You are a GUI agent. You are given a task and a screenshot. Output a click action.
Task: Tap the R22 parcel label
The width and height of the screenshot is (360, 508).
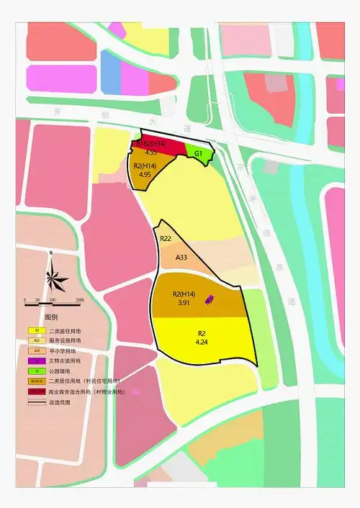(165, 239)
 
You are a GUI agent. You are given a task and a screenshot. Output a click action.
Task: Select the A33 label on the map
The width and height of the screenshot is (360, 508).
(181, 258)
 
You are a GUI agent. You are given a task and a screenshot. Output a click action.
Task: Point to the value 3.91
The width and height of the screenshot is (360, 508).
(183, 304)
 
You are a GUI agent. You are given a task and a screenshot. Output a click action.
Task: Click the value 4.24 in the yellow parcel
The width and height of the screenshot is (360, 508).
(201, 343)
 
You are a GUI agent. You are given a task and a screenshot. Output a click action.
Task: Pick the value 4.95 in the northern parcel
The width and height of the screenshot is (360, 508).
(144, 174)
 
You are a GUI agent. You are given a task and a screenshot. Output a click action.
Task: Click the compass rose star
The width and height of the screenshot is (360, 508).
(53, 276)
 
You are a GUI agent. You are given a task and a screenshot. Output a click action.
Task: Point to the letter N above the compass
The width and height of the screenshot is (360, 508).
(51, 253)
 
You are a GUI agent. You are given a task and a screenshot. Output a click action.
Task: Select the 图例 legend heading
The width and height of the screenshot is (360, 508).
(51, 317)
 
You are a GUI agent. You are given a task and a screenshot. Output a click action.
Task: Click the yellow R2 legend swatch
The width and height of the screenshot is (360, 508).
(37, 330)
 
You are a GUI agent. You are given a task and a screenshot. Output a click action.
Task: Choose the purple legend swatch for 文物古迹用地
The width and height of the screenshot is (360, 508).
(37, 360)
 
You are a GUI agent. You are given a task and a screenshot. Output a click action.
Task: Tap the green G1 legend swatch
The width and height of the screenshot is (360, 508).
(37, 371)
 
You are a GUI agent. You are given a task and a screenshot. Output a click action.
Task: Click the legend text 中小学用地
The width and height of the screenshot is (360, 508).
(65, 350)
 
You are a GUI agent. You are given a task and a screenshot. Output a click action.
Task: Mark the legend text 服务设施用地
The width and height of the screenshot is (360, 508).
(68, 340)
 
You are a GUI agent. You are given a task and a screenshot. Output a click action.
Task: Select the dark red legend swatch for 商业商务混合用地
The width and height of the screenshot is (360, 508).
(37, 391)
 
